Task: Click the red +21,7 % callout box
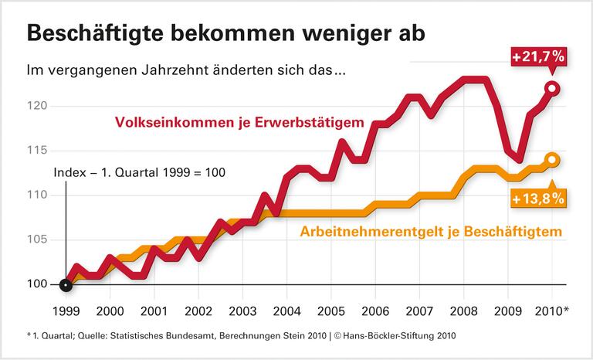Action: [x=538, y=57]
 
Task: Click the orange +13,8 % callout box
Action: [x=538, y=199]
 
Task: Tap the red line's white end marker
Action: [x=552, y=88]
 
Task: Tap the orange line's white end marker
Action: [x=552, y=160]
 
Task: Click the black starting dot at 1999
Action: [x=66, y=284]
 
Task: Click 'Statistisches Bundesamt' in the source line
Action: [x=143, y=337]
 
